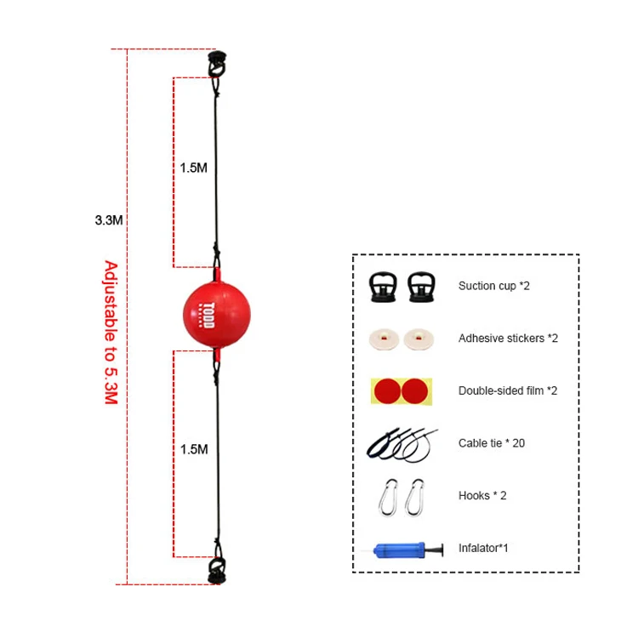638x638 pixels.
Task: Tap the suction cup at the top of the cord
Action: click(x=214, y=64)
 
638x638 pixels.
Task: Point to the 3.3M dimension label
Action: click(x=110, y=219)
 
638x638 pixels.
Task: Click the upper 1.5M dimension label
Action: click(x=193, y=168)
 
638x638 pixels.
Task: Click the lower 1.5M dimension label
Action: click(x=193, y=448)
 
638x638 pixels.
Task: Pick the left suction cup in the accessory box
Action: click(x=384, y=288)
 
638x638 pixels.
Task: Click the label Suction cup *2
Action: click(x=494, y=287)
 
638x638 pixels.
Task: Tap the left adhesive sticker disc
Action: click(x=384, y=339)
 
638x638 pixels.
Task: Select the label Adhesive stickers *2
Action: click(x=508, y=339)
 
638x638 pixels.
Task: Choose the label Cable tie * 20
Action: click(x=493, y=443)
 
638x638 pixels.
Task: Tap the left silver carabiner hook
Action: click(x=387, y=494)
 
